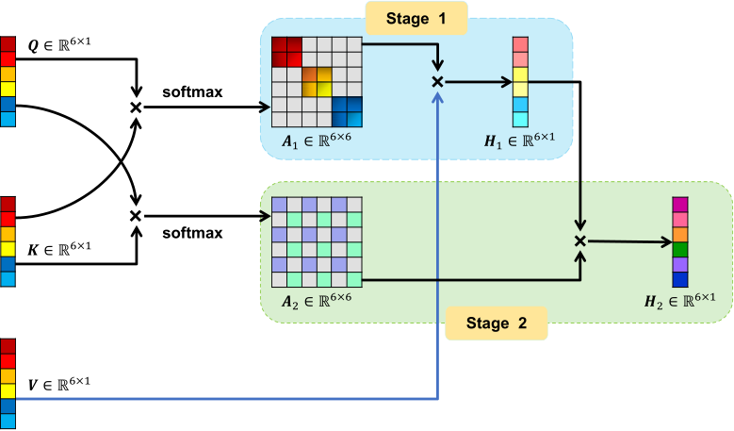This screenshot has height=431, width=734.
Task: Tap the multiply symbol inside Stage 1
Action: (437, 82)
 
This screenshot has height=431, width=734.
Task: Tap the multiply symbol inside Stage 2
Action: (581, 241)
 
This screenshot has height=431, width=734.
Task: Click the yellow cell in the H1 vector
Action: (520, 90)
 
